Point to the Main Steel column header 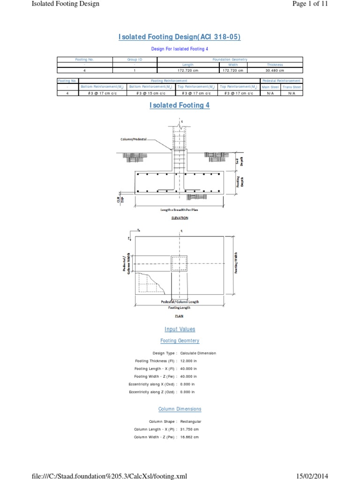pos(270,87)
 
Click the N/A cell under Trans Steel pos(292,93)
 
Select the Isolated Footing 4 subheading pos(180,105)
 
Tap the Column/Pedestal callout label pos(133,139)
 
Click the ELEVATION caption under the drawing pos(180,218)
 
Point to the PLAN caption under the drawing pos(180,316)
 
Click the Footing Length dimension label pos(180,307)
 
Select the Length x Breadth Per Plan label pos(180,210)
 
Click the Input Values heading pos(180,330)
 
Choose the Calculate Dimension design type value pos(198,353)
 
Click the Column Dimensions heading pos(180,409)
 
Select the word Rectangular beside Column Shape pos(194,421)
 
